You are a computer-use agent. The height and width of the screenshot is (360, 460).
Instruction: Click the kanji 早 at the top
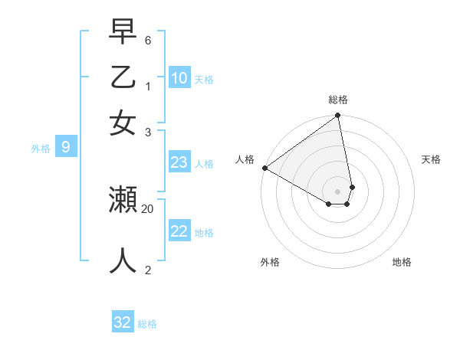(x=123, y=34)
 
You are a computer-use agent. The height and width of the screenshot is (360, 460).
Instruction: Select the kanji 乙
(x=123, y=77)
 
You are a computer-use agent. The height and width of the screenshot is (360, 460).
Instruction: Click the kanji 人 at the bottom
(x=123, y=260)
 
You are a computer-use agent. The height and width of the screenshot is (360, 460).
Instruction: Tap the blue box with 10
(x=179, y=77)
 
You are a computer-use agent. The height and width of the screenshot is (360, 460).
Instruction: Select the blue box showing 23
(x=179, y=162)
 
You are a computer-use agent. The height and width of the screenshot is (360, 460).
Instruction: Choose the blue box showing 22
(x=179, y=231)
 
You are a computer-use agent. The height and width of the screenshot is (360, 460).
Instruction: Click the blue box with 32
(x=123, y=322)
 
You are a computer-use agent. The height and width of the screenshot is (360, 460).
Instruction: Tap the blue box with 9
(x=65, y=148)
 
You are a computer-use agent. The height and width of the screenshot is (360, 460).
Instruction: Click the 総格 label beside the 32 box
(x=147, y=324)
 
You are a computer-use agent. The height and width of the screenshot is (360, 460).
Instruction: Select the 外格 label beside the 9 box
(x=41, y=149)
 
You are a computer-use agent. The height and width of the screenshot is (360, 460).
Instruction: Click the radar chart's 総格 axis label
(x=338, y=100)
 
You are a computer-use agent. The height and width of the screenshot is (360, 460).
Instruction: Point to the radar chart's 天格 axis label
(x=431, y=159)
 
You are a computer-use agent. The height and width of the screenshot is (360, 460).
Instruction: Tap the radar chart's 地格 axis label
(x=402, y=262)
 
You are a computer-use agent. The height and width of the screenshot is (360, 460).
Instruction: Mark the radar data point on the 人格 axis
(x=264, y=168)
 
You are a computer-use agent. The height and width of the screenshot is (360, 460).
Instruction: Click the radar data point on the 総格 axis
(x=338, y=116)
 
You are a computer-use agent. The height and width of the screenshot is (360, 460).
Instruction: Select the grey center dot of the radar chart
(x=338, y=191)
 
